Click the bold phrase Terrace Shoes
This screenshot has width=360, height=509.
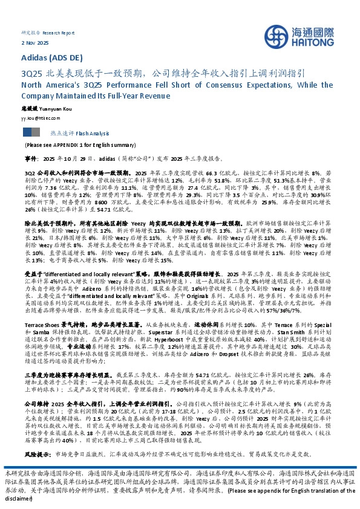pos(39,342)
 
